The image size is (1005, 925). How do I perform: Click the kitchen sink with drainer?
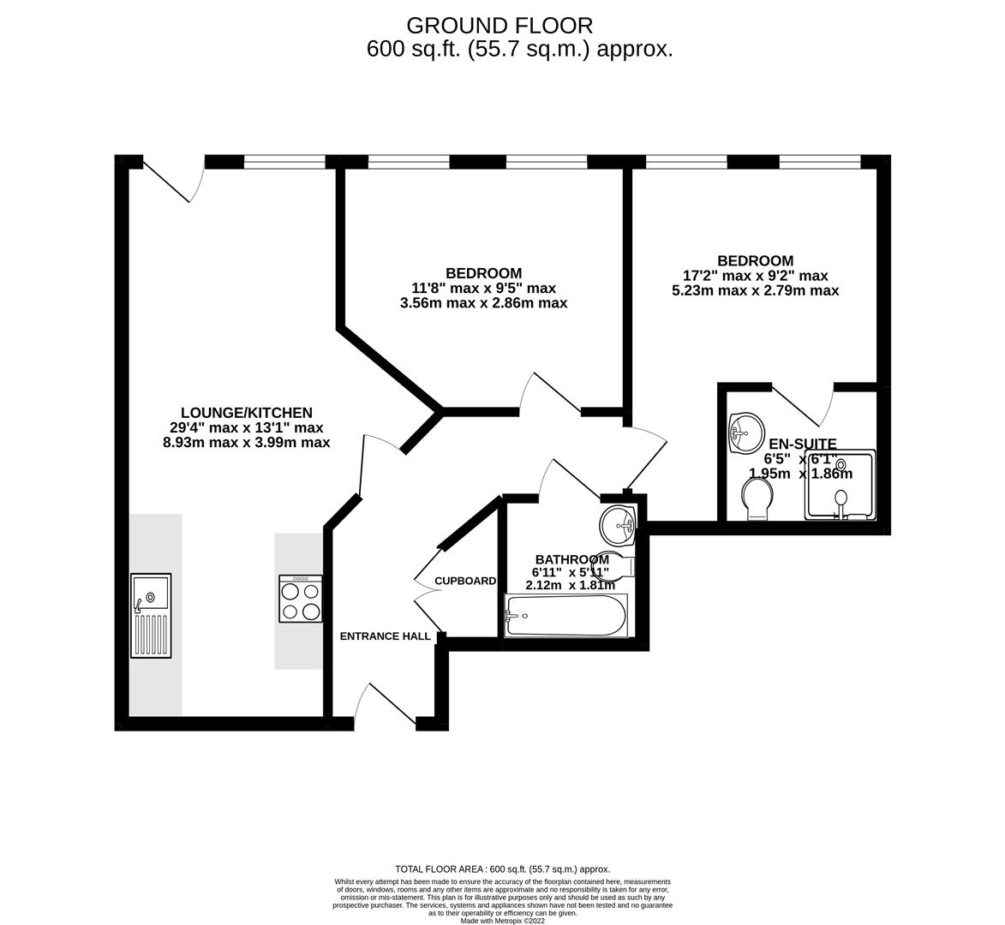(x=151, y=615)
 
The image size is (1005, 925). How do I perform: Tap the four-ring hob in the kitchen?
(x=301, y=598)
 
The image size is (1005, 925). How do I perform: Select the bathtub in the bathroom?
(x=566, y=615)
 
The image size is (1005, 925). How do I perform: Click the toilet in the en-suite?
(x=757, y=498)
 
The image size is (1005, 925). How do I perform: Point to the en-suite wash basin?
(x=745, y=432)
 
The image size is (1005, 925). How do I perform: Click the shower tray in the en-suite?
(x=840, y=486)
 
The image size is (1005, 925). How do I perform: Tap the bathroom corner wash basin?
(x=617, y=522)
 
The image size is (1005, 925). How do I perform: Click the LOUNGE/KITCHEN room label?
(x=246, y=413)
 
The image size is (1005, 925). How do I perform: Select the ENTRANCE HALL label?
(x=385, y=636)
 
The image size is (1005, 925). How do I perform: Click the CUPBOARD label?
(x=465, y=581)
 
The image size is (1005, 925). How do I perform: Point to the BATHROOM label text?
(x=571, y=559)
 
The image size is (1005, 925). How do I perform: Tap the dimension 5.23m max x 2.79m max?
(x=755, y=291)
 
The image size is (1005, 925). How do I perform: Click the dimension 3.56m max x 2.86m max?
(x=483, y=303)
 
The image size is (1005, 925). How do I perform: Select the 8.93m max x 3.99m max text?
(x=246, y=443)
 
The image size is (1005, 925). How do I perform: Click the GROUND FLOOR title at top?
(x=499, y=26)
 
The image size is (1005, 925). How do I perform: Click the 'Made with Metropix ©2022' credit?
(x=502, y=921)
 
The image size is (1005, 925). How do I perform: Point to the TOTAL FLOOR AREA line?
(x=502, y=868)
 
